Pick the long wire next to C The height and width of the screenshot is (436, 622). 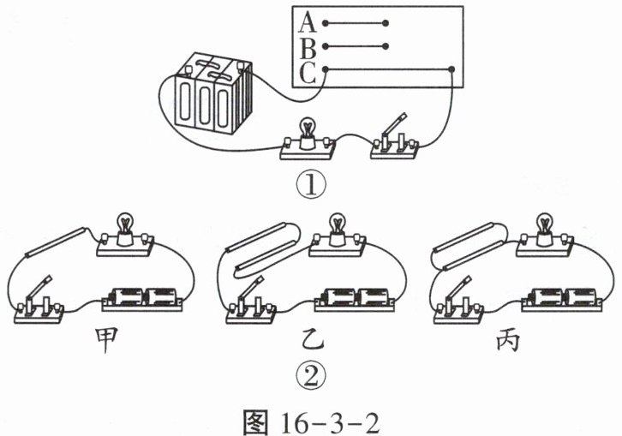click(x=389, y=69)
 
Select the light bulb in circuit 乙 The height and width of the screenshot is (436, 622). click(x=338, y=228)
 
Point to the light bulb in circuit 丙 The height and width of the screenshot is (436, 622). click(x=546, y=228)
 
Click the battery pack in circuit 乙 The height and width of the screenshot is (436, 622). click(x=355, y=299)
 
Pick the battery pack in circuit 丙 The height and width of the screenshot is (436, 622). click(x=563, y=299)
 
